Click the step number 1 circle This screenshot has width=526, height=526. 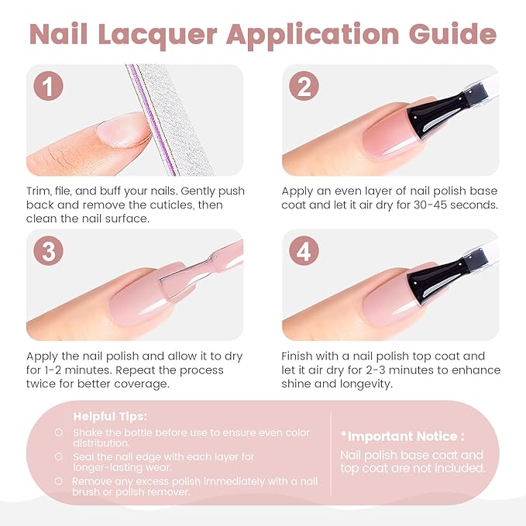[x=50, y=87]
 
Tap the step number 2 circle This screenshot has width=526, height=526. [x=304, y=87]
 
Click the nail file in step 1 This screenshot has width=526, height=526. [x=167, y=116]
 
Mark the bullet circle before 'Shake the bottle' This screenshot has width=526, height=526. [x=59, y=433]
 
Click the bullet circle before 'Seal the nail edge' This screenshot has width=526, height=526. [x=59, y=457]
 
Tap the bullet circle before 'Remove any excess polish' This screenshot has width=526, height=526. [x=59, y=481]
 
